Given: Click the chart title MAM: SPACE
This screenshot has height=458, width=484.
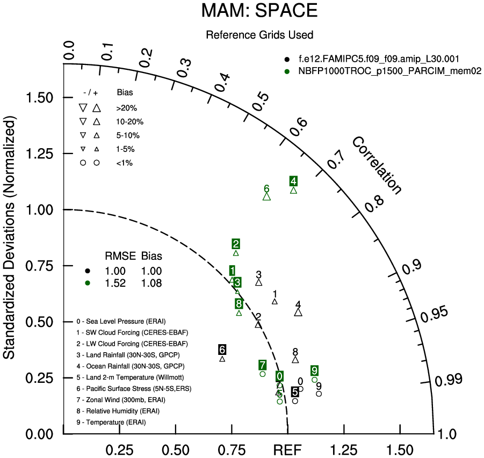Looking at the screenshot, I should [x=259, y=11].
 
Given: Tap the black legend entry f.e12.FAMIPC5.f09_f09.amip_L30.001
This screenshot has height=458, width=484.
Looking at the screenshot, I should [x=379, y=59].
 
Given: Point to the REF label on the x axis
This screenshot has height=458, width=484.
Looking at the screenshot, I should [x=287, y=449].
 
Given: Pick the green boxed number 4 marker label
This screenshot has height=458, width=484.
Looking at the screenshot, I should [x=293, y=181].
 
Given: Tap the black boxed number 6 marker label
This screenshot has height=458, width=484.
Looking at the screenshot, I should [x=222, y=350].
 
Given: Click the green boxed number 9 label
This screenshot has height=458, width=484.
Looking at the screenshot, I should [x=314, y=370].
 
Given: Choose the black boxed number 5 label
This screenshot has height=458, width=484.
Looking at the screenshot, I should [x=295, y=392].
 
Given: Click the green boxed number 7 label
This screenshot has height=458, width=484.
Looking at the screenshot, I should [x=262, y=365].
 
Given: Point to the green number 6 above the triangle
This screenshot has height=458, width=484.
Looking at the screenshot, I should [x=266, y=188].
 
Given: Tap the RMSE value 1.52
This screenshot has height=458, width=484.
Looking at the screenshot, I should [x=115, y=283].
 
